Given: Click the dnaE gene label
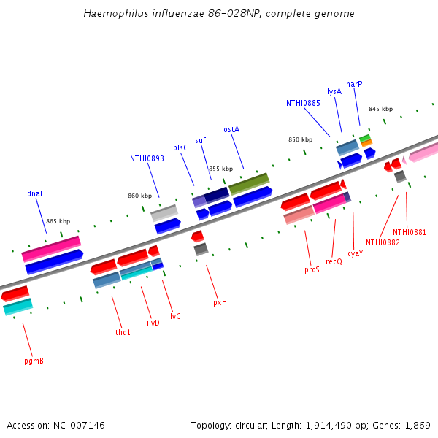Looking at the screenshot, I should tap(36, 193).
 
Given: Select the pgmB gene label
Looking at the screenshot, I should tap(34, 360).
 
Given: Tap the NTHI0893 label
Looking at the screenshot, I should tap(147, 158).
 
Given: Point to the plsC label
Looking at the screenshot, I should tap(180, 147).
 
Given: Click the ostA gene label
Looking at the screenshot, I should tap(231, 129).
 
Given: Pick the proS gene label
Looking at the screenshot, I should tap(312, 269).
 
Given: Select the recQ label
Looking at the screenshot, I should tap(334, 261).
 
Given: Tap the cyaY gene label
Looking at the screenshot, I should tap(355, 253).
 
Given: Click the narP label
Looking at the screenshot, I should tap(354, 84).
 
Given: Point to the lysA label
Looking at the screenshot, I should tap(334, 91).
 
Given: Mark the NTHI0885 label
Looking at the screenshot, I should tap(303, 103).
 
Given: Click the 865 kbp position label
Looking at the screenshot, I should tap(58, 221).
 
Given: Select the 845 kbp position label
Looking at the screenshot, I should tap(380, 109).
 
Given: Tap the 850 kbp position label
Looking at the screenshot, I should tap(300, 139).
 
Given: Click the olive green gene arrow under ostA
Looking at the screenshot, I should tap(249, 182).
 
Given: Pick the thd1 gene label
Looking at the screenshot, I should tap(123, 332).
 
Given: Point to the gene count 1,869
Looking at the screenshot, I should tap(418, 425).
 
